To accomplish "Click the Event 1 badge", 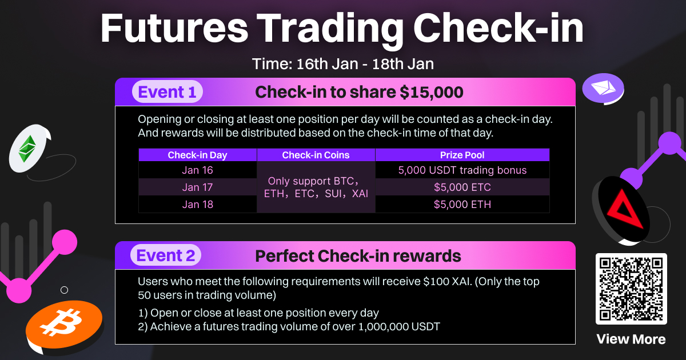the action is pos(167,92).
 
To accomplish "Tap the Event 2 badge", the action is pos(166,255).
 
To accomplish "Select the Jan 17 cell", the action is pos(198,187).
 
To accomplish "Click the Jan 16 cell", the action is pos(198,170).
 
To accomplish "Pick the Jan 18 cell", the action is pos(198,204).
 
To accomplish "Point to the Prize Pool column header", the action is pos(462,155).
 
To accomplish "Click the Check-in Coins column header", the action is pos(316,155).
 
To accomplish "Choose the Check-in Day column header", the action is pos(198,155).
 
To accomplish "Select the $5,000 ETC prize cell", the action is pos(462,187).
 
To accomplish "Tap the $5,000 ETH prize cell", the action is pos(462,204).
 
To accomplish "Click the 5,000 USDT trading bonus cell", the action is pos(462,170).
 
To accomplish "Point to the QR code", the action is pos(631,289).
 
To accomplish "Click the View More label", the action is pos(631,339).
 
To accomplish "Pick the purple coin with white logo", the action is pos(603,88).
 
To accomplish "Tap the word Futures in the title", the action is pos(174,28).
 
